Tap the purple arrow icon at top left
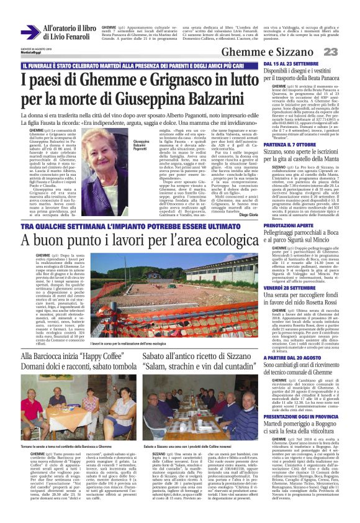pyautogui.click(x=29, y=32)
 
